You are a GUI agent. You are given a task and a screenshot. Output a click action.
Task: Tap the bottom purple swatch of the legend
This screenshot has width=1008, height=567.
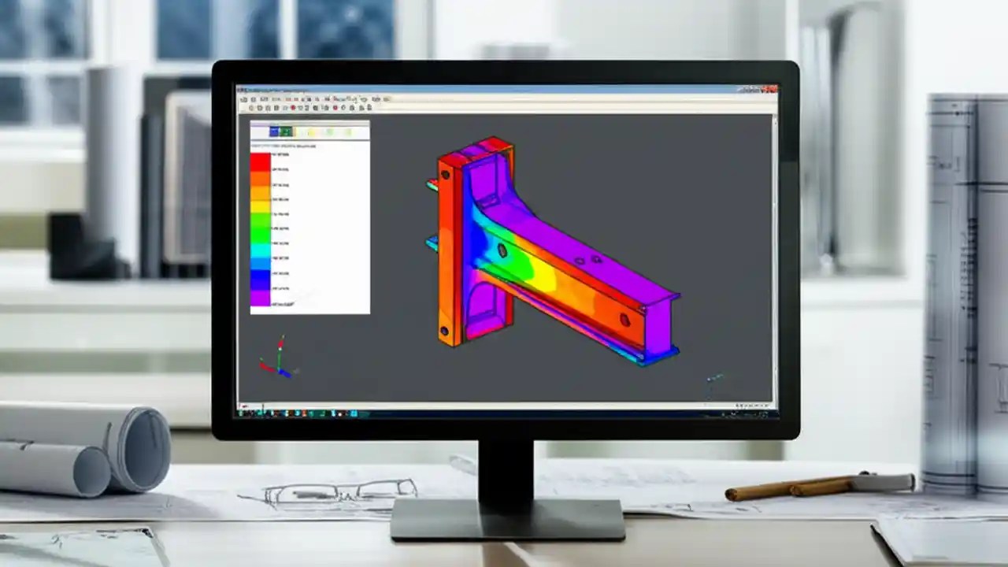pos(260,298)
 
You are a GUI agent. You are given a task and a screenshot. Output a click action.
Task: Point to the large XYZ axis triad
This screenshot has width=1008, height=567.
pos(276,358)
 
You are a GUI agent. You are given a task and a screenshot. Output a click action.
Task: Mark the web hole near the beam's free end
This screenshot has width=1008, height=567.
pos(624,320)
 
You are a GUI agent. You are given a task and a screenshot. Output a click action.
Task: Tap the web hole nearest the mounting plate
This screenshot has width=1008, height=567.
pos(502,250)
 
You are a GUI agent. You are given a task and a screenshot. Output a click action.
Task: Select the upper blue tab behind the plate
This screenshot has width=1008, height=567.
pos(432,186)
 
